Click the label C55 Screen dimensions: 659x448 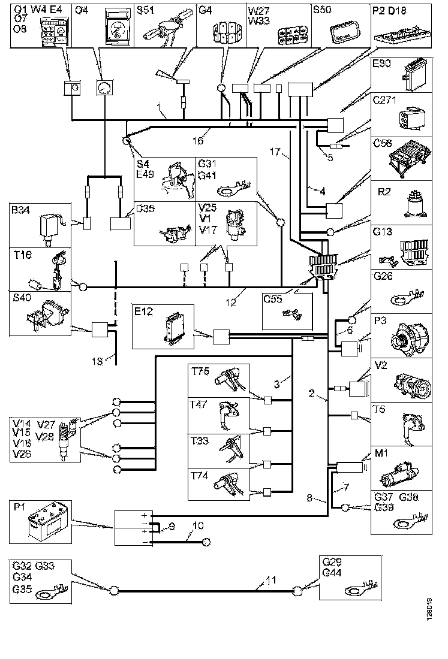[273, 298]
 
